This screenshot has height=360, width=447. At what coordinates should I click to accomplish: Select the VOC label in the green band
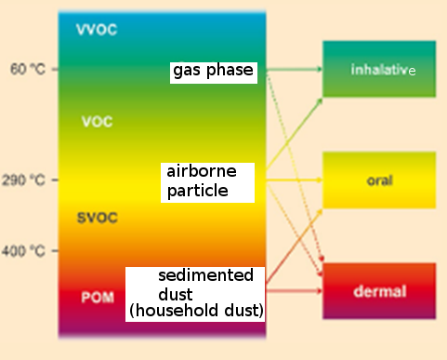pos(98,122)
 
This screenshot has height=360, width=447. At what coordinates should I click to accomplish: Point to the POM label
pos(98,298)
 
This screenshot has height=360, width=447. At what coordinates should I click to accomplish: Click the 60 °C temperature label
pos(26,70)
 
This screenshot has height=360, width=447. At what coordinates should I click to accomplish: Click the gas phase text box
pos(213,72)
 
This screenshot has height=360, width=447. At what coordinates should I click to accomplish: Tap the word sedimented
pos(205,276)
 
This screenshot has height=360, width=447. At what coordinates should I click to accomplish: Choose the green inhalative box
pos(379,70)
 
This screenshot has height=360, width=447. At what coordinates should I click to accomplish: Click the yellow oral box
pos(379,180)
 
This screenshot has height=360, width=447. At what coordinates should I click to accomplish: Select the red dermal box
pos(379,291)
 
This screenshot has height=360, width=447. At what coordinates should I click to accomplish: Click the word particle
pos(197,192)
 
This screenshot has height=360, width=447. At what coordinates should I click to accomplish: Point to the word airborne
pos(201,172)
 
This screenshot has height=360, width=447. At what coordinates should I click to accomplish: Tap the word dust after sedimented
pos(176,292)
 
